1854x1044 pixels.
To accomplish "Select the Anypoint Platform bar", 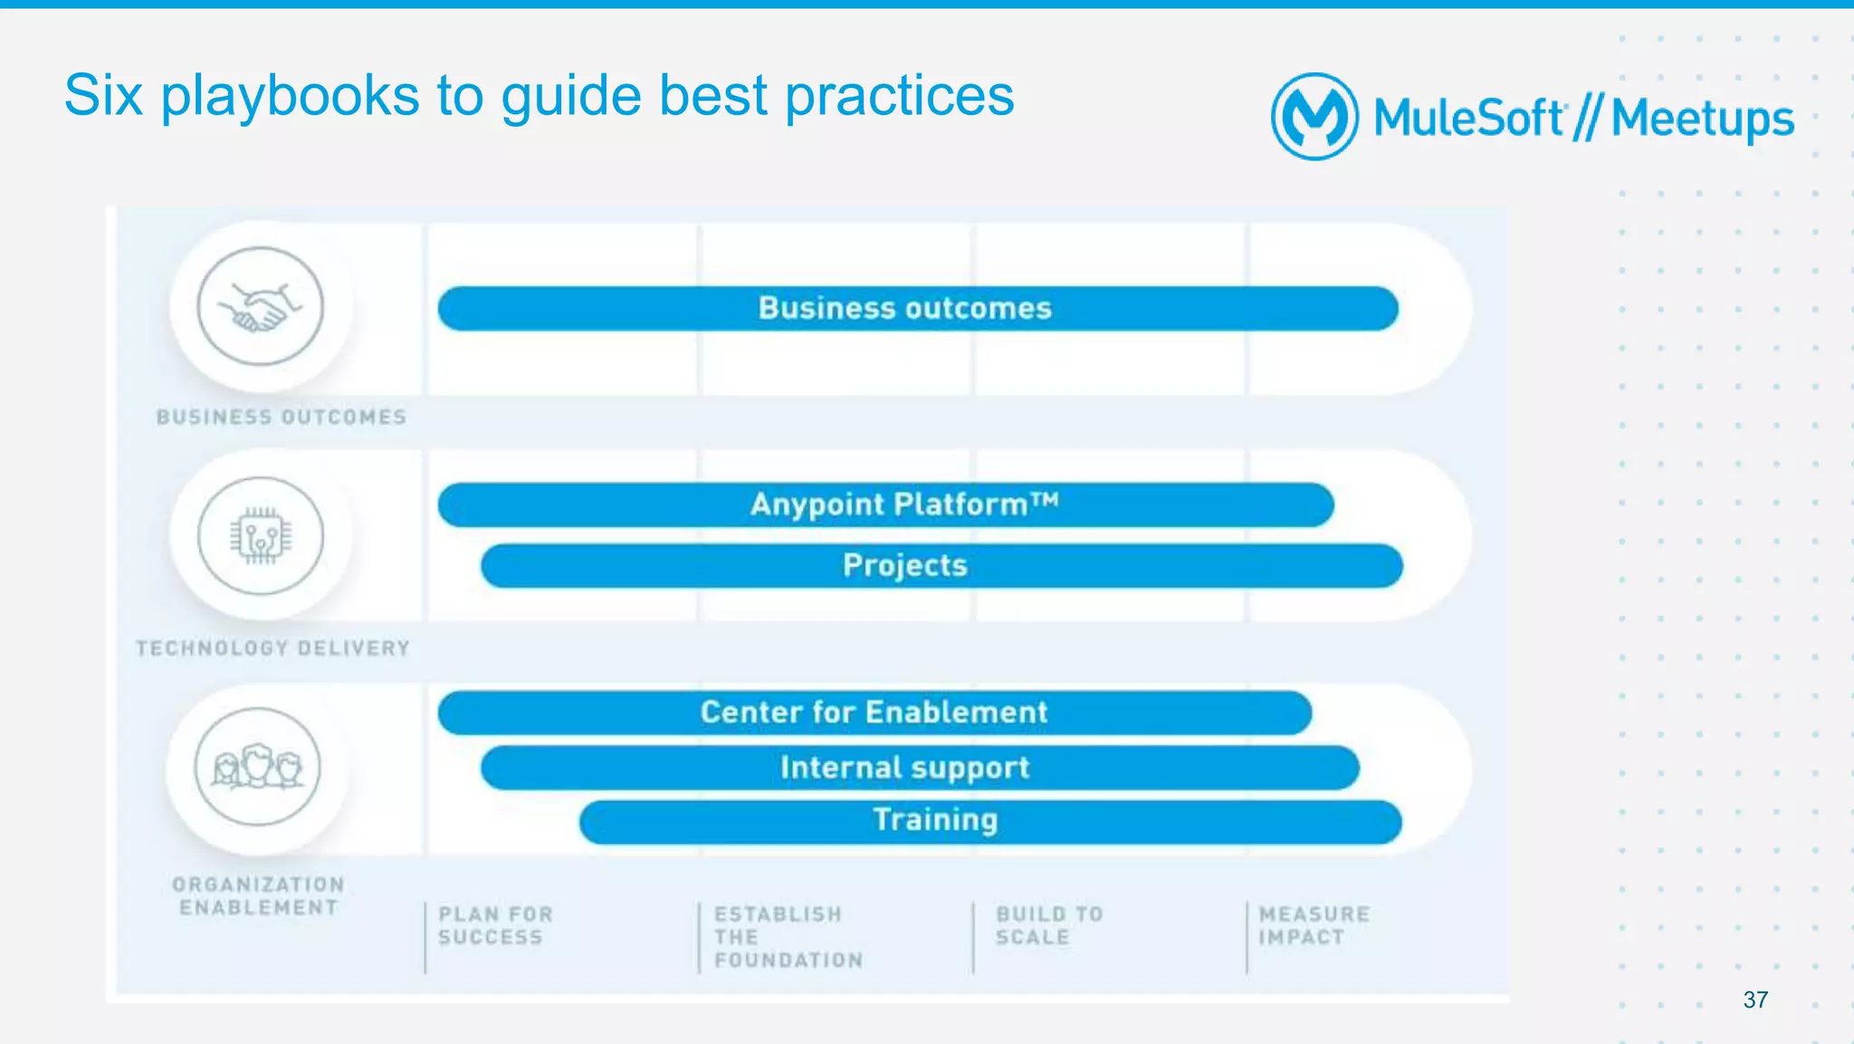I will click(x=885, y=504).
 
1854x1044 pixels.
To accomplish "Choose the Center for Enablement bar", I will click(x=874, y=713).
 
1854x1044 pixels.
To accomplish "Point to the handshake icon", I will click(x=261, y=306).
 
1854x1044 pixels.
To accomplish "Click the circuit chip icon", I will click(x=261, y=536).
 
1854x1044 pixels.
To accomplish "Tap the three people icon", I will click(x=258, y=767).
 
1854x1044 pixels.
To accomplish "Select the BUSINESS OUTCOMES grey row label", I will click(x=282, y=417).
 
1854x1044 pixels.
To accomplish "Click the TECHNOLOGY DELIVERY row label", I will click(x=273, y=648).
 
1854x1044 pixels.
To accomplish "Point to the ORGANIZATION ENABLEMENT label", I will click(x=259, y=896).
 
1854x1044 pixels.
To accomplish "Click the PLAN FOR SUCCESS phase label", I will click(x=495, y=925).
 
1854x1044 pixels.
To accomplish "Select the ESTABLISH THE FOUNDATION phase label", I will click(x=788, y=937).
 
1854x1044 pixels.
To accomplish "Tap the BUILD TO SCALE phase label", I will click(x=1049, y=925).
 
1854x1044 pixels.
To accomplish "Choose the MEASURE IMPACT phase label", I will click(x=1314, y=925).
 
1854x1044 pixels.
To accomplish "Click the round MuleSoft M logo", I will click(x=1314, y=117).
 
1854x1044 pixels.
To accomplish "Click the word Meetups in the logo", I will click(x=1702, y=119).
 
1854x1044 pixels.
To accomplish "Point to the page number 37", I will click(x=1755, y=1000).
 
